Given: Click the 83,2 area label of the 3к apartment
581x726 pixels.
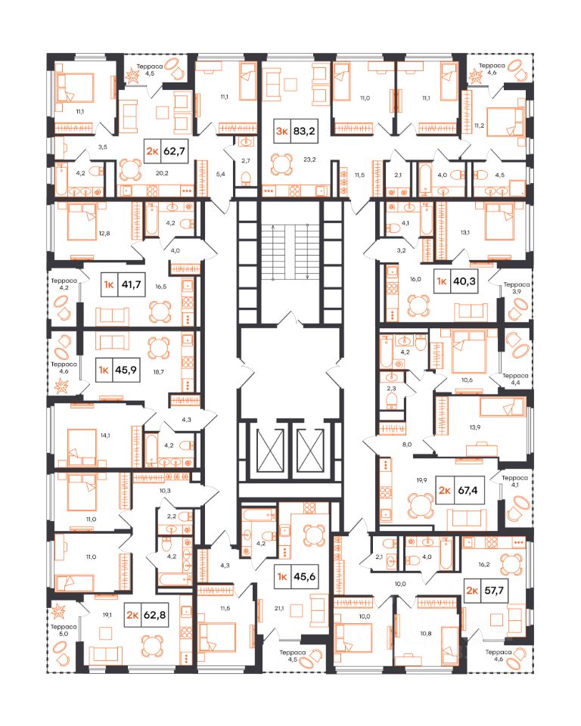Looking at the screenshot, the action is pos(304,131).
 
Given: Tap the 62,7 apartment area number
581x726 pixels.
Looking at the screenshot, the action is pos(174,150).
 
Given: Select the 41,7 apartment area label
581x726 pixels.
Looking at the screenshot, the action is pos(131,284).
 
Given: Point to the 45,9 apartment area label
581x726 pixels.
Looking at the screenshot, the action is pos(126,370).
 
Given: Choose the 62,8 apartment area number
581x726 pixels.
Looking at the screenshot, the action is pos(155,615).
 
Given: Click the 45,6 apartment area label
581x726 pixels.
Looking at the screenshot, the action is pos(304,576).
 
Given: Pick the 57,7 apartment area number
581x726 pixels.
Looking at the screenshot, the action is pos(494,591).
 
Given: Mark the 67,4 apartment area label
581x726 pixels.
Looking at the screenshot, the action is pos(468,490).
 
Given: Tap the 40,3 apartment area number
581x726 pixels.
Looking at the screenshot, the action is pos(464,281).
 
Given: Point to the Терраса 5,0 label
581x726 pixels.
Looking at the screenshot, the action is pos(64,630).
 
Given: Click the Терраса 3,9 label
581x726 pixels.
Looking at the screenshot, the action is pos(516,288).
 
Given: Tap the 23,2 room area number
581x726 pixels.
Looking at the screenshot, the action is pos(309,160).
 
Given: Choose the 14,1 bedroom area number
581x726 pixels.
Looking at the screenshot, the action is pos(105,436).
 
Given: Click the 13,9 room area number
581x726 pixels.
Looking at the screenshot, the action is pos(475,427).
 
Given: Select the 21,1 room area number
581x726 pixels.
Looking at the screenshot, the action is pos(279,608).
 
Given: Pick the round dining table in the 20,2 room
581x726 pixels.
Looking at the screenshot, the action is pos(130,170).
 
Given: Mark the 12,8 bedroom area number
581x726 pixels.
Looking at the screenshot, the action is pos(104,234).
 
